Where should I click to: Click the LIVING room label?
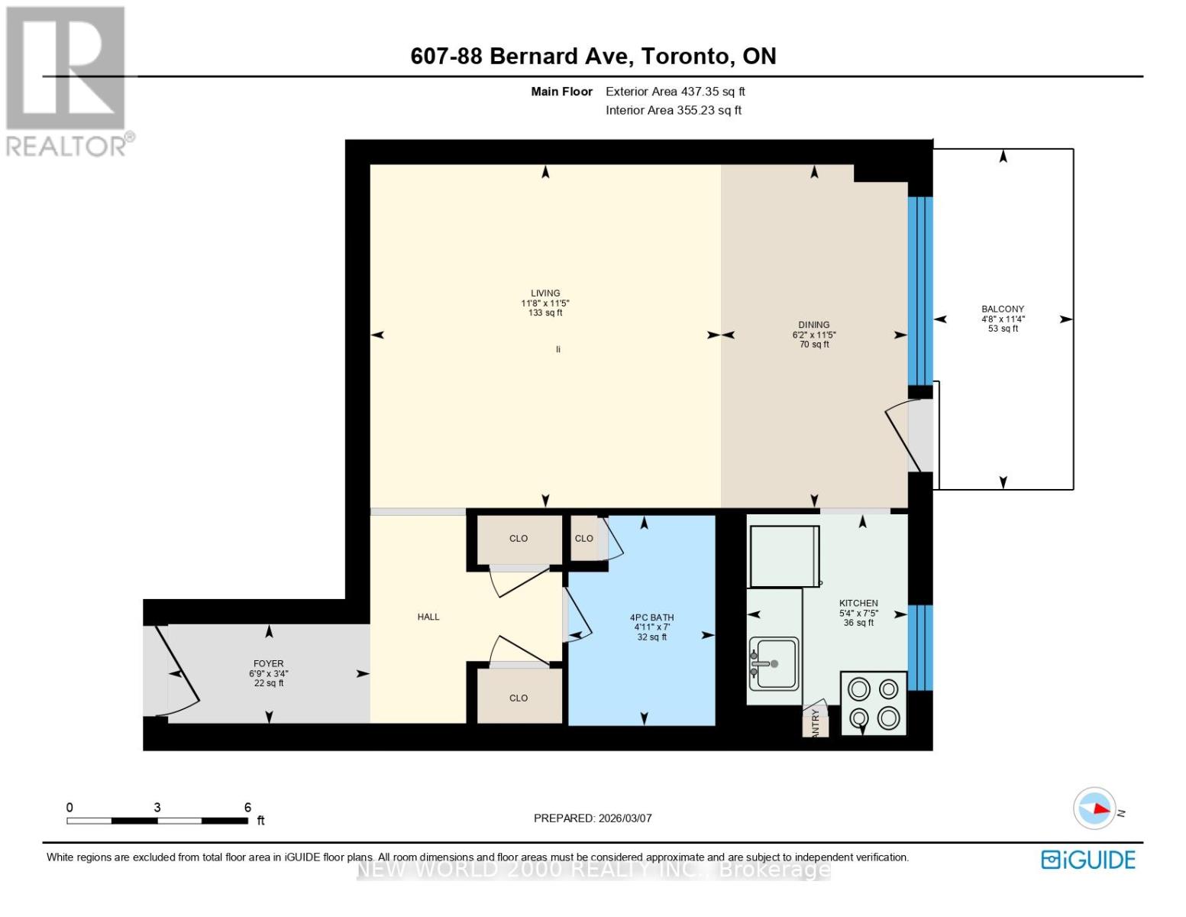click(545, 293)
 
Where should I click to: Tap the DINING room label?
click(814, 325)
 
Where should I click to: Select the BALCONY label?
click(1003, 309)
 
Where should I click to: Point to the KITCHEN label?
click(858, 603)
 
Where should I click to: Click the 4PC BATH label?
click(651, 617)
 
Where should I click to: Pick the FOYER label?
click(268, 664)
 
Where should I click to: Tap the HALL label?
click(428, 617)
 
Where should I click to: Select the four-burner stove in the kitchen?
click(874, 703)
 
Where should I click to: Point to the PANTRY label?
click(816, 722)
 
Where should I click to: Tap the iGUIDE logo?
click(1088, 860)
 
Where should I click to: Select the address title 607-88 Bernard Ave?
click(593, 56)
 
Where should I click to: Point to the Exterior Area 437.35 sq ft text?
click(675, 92)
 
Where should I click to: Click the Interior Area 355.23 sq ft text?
click(674, 110)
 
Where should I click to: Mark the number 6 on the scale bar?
click(247, 807)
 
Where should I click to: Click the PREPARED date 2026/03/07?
click(593, 818)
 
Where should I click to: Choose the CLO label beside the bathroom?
click(583, 539)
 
